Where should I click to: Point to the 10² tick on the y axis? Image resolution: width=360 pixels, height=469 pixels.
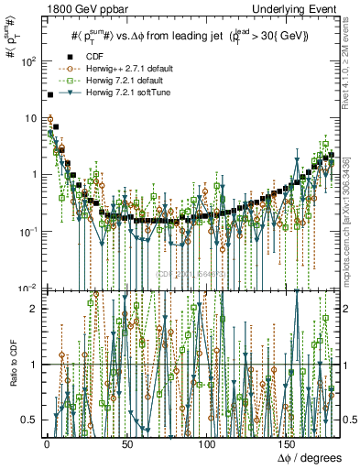point(28,61)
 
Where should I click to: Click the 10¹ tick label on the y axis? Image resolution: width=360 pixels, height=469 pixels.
point(28,118)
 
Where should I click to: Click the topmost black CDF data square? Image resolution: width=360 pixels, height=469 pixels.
point(49,95)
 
